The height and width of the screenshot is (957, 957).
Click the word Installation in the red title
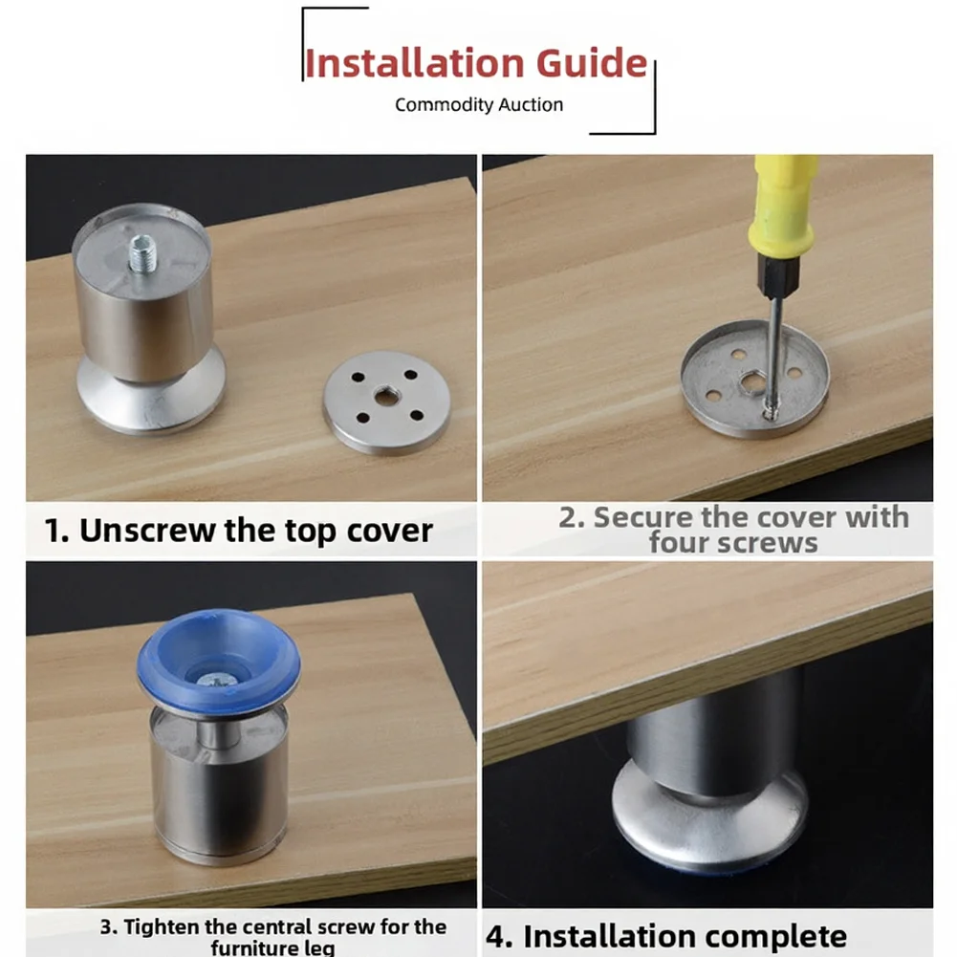click(x=414, y=63)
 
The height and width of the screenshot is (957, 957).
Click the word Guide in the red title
click(x=592, y=63)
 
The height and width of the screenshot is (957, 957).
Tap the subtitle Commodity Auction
click(x=478, y=105)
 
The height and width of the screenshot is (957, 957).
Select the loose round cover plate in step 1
click(x=386, y=402)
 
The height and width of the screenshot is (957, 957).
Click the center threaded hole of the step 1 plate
click(x=384, y=398)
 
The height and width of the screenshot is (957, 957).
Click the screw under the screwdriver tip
click(x=771, y=413)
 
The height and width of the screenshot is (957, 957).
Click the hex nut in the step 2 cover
click(x=751, y=383)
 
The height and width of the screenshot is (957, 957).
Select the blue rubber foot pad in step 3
click(x=219, y=661)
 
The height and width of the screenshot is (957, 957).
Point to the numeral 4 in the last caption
click(x=495, y=937)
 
